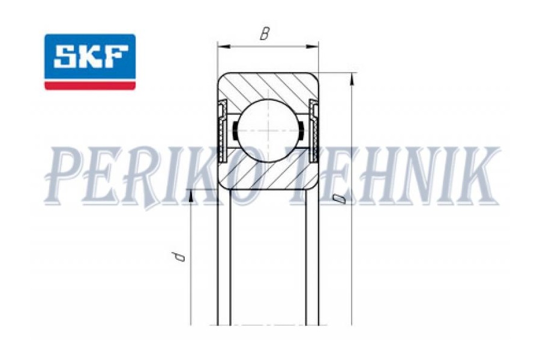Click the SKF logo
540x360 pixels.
click(x=90, y=62)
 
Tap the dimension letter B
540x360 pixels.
click(x=264, y=34)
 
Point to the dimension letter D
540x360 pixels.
click(x=339, y=199)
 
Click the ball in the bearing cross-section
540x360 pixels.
click(x=268, y=131)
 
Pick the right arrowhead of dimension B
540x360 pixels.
click(x=312, y=46)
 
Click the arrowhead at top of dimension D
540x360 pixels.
click(x=352, y=79)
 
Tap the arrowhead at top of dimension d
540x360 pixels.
click(x=190, y=196)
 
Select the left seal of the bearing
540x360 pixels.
click(x=223, y=131)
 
